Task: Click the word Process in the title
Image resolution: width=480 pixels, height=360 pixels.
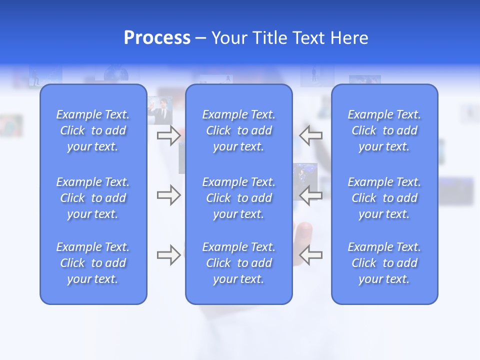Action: [157, 38]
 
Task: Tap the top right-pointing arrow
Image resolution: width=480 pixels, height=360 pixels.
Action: [168, 135]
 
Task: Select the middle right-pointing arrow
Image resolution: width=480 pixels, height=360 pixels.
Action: [168, 195]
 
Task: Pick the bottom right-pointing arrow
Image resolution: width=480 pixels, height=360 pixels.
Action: [168, 255]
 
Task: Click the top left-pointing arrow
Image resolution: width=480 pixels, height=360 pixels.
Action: [310, 135]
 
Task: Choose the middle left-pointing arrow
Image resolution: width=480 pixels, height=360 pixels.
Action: [310, 195]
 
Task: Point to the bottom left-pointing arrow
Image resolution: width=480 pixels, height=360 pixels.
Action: [310, 255]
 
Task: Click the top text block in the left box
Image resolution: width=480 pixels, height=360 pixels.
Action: [93, 130]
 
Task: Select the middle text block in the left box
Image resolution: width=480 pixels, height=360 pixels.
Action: [93, 198]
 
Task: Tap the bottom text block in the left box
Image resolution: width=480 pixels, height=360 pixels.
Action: [93, 263]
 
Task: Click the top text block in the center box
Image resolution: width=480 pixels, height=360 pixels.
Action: [238, 130]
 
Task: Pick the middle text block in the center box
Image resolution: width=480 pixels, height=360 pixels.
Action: [238, 198]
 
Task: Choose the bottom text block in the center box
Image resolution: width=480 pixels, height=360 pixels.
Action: [238, 263]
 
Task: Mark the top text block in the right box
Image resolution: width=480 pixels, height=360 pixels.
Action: [384, 130]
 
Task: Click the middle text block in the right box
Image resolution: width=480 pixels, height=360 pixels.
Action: [384, 198]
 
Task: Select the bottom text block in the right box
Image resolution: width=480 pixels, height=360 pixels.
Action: [384, 263]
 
